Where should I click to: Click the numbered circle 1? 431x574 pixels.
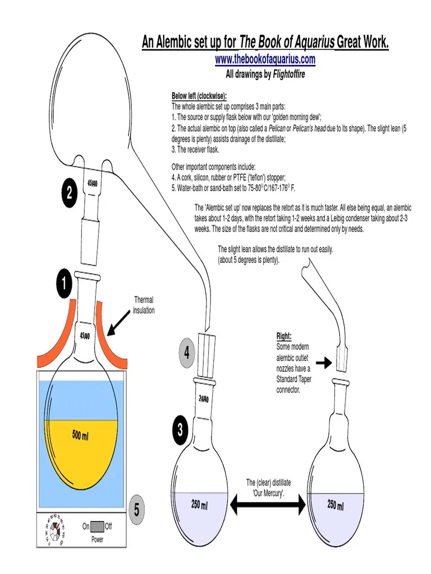64,285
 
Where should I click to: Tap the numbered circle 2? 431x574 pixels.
68,193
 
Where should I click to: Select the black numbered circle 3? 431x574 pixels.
180,430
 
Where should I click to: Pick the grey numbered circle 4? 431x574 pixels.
186,353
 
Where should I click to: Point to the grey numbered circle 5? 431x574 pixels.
136,510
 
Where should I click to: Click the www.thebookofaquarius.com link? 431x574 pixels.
265,59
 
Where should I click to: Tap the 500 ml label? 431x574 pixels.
80,436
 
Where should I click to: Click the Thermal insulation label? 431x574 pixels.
144,305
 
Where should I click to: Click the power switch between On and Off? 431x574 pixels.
97,527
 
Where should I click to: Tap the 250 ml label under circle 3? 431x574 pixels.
199,506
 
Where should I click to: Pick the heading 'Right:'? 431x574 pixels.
283,336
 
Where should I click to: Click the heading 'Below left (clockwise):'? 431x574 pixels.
199,96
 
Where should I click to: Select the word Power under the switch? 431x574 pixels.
98,539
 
